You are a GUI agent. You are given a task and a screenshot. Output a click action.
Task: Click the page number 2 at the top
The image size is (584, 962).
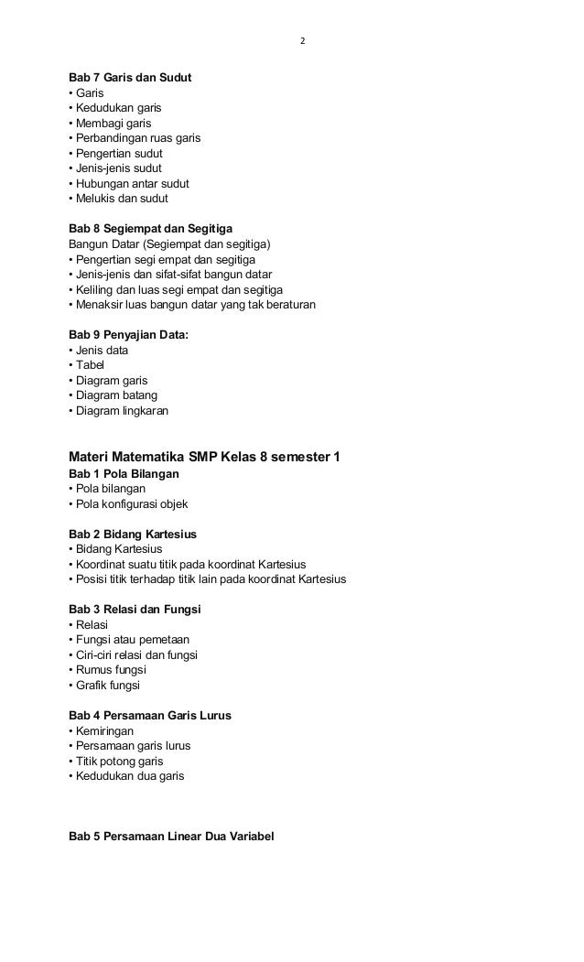point(303,41)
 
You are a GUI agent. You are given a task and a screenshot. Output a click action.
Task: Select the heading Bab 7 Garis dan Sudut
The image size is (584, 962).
point(130,77)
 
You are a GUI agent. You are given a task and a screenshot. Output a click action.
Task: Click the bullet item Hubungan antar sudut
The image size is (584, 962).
point(128,183)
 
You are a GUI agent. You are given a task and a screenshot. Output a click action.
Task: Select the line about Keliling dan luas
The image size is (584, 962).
point(176,289)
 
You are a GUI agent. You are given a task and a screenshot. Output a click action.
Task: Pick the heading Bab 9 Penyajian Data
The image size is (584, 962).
point(129,335)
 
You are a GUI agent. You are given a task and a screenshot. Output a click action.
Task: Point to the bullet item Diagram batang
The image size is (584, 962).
point(113,395)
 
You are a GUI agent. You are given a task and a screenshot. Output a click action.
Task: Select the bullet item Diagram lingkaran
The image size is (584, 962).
point(118,411)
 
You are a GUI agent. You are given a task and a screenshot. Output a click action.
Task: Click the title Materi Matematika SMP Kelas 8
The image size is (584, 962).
point(205,457)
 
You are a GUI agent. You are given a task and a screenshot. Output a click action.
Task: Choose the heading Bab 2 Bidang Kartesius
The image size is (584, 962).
point(133,534)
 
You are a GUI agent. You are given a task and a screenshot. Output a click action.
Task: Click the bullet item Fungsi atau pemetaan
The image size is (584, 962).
point(129,639)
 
